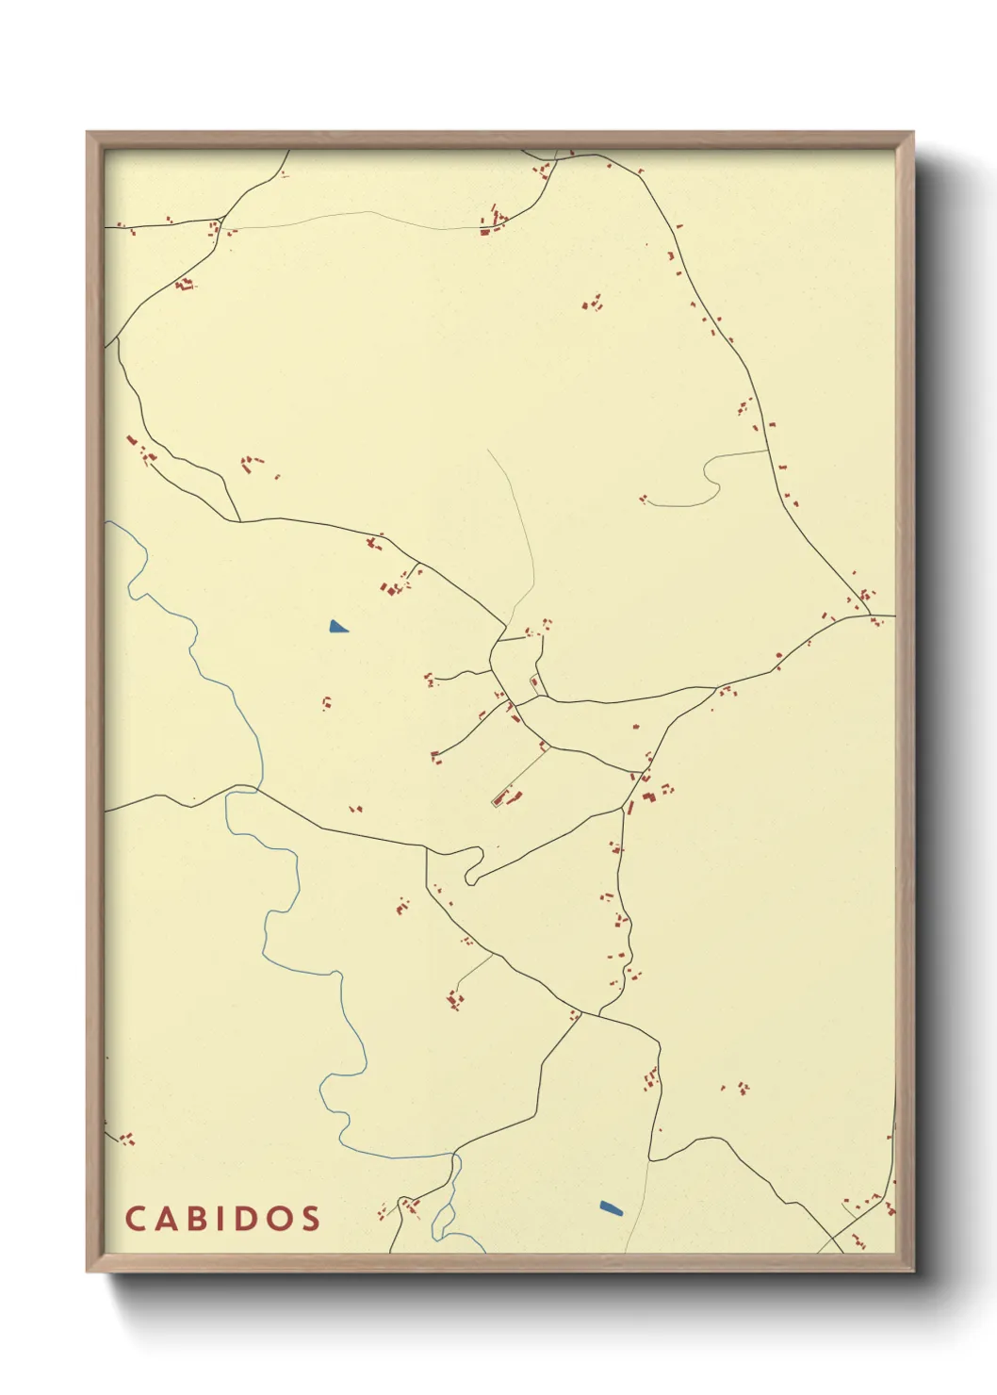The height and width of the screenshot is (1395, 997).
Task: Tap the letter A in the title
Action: pyautogui.click(x=165, y=1219)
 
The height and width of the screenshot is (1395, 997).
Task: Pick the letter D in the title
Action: pyautogui.click(x=243, y=1219)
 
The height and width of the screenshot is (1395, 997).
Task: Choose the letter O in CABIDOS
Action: pyautogui.click(x=276, y=1219)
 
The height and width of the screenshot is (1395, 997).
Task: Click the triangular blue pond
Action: pyautogui.click(x=337, y=627)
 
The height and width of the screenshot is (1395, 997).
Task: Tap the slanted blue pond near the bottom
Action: pyautogui.click(x=611, y=1207)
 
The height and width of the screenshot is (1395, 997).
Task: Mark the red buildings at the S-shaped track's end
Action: pyautogui.click(x=644, y=499)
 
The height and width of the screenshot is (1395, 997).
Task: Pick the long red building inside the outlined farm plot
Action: pyautogui.click(x=498, y=800)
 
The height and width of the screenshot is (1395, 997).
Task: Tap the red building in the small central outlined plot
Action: pyautogui.click(x=534, y=681)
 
